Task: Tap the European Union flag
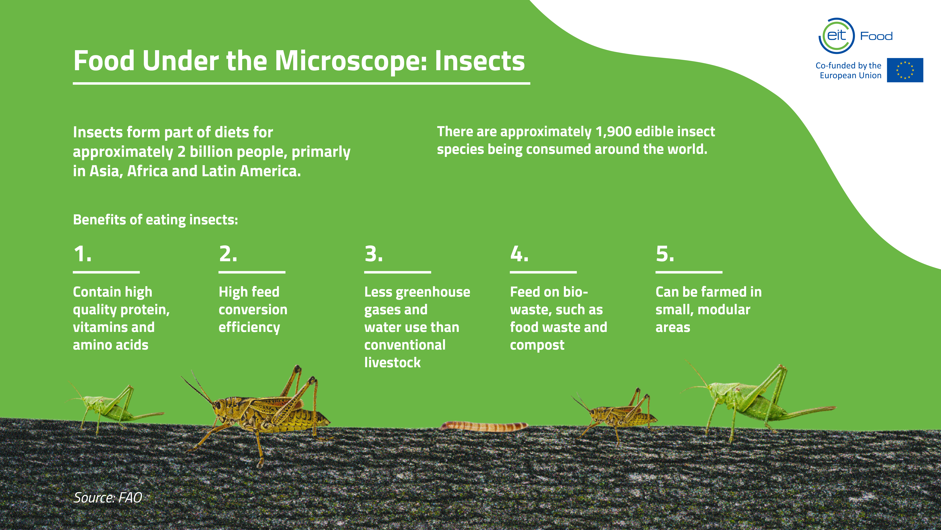coord(905,70)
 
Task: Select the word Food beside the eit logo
coord(876,36)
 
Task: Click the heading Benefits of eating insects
coord(156,220)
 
